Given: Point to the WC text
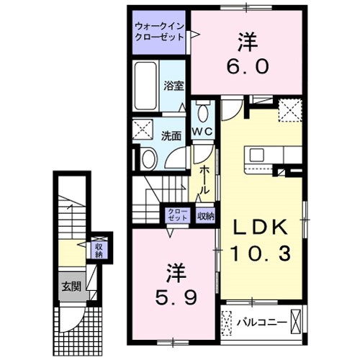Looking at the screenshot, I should pyautogui.click(x=202, y=131).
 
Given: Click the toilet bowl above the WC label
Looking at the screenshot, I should pyautogui.click(x=202, y=112).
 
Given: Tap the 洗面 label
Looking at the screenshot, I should pyautogui.click(x=171, y=135).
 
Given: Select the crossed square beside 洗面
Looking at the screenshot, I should pyautogui.click(x=143, y=130).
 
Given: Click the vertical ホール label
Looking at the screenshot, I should pyautogui.click(x=204, y=179).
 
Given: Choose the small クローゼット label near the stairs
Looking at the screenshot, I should pyautogui.click(x=176, y=215).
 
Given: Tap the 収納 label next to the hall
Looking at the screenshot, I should pyautogui.click(x=205, y=215).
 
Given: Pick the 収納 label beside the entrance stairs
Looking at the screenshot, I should pyautogui.click(x=99, y=249).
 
